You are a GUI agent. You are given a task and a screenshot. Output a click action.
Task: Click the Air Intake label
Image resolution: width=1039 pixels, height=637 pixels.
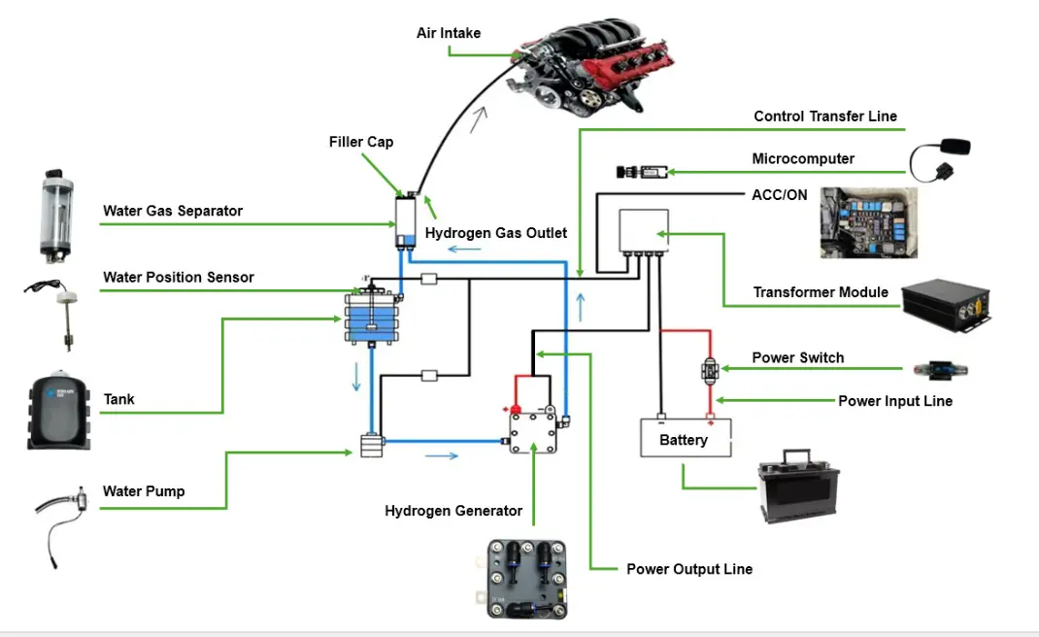click(449, 33)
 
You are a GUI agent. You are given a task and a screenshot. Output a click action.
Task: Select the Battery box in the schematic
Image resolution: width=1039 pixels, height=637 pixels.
click(686, 438)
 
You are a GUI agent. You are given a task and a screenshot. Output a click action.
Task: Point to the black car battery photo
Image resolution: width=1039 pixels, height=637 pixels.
click(798, 486)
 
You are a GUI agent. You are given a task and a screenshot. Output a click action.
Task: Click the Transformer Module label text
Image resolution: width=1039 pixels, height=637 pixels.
click(821, 292)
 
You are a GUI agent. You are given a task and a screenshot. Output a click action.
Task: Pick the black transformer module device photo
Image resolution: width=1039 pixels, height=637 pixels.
click(946, 305)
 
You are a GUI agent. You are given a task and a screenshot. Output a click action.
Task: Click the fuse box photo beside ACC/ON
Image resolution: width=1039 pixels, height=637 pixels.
click(869, 222)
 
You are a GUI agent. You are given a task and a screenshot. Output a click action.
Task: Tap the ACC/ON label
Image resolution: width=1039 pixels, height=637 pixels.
click(779, 195)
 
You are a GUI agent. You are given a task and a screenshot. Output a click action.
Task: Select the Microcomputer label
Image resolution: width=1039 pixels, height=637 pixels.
click(803, 159)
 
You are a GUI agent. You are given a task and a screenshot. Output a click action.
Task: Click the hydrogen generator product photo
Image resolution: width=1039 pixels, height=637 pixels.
click(527, 579)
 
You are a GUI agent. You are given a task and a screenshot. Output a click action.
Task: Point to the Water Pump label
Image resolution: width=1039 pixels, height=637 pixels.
click(144, 491)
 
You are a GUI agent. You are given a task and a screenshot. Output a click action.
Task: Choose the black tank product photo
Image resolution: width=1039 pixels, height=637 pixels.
click(58, 411)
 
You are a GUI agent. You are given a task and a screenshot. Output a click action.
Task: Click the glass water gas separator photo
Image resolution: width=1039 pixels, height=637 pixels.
click(56, 216)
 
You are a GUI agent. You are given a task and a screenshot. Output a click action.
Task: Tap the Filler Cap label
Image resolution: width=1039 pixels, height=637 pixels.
click(361, 142)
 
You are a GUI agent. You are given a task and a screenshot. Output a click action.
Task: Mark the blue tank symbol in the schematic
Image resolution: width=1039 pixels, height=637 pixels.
click(373, 317)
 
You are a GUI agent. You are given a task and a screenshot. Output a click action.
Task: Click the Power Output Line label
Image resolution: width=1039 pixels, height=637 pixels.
click(689, 569)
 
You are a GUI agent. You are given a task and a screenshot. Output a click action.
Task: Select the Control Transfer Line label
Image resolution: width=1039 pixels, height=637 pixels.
click(825, 117)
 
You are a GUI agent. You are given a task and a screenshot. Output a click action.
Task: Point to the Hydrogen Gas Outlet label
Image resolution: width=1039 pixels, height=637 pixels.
click(495, 233)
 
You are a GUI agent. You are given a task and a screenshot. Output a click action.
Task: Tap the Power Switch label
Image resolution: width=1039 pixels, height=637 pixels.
click(798, 358)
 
